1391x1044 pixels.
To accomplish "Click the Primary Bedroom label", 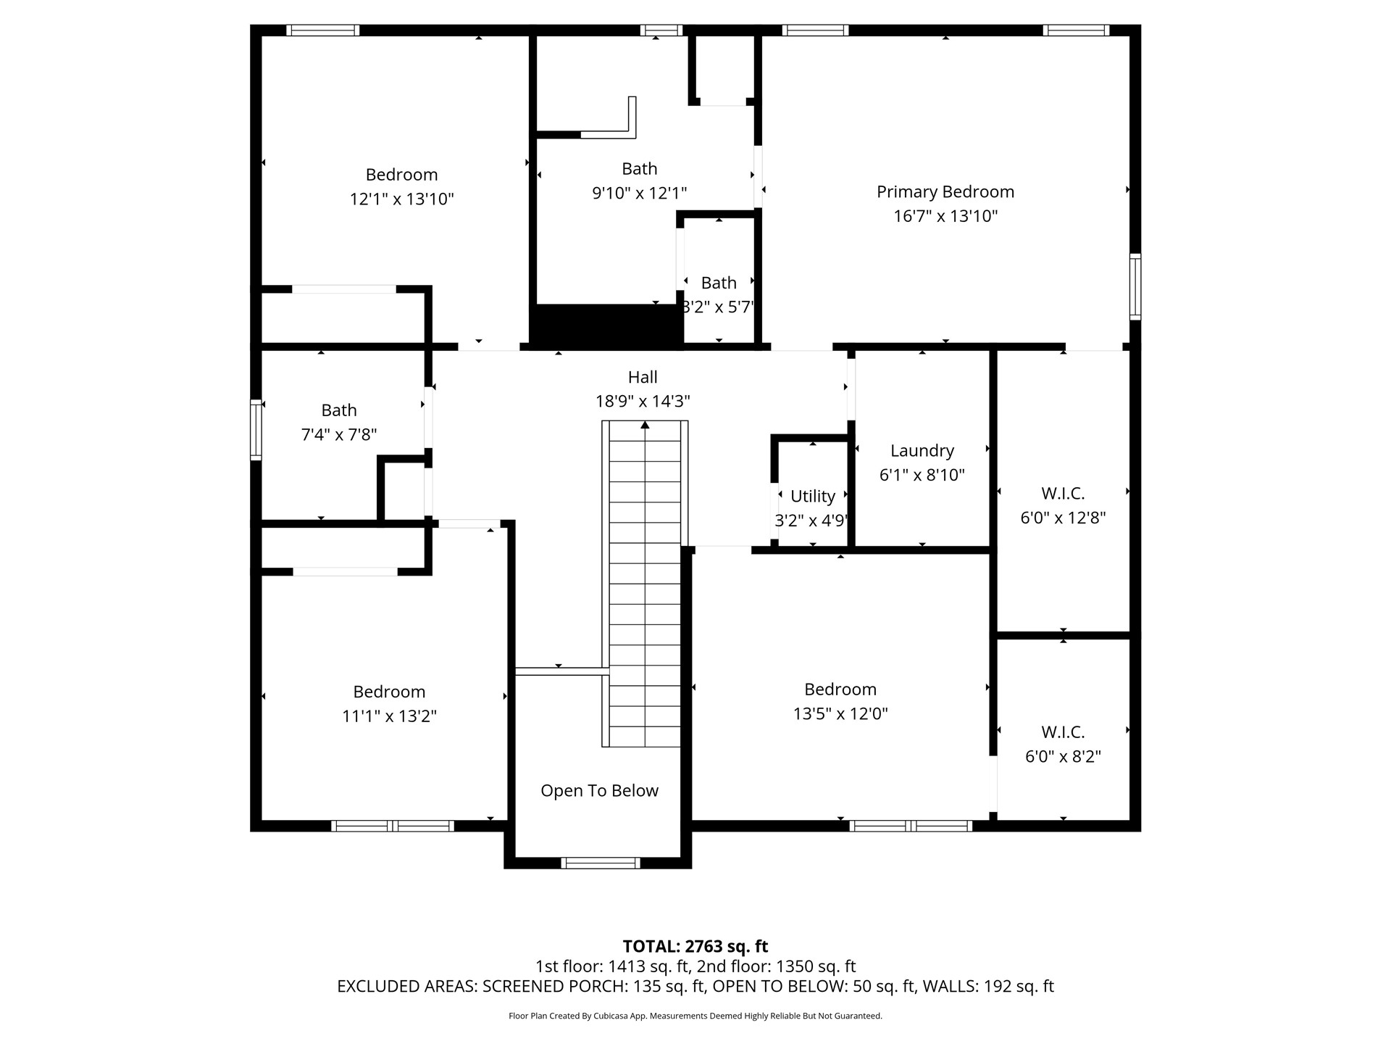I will click(945, 191).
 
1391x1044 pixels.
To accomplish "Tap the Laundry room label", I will click(922, 451).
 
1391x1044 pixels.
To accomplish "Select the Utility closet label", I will click(812, 496).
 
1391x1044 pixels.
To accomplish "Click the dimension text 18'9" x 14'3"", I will click(642, 401).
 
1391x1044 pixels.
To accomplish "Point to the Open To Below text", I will click(599, 790).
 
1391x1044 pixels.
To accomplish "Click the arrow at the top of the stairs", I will click(645, 425).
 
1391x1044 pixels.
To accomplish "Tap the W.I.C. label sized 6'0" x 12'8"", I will click(1063, 494).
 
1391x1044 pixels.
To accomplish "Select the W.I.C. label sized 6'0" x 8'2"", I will click(1063, 732).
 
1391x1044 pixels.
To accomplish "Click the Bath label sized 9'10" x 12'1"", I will click(639, 169).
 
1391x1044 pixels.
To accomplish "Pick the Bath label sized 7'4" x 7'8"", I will click(338, 410).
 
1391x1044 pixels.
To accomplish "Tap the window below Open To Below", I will click(600, 863).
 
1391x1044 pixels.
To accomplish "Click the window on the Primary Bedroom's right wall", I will click(1135, 286).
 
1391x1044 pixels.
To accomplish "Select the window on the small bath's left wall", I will click(256, 430).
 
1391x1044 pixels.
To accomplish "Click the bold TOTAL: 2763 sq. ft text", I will click(695, 946).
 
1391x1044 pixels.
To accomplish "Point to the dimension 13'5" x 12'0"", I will click(840, 713).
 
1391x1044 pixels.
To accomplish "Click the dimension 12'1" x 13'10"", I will click(401, 199).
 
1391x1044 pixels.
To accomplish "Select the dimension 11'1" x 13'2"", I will click(389, 716).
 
